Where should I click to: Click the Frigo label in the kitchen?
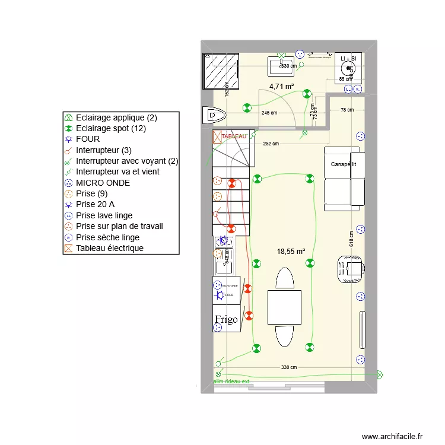pos(226,319)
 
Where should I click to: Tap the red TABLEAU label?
pos(233,136)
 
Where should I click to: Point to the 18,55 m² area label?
pos(291,252)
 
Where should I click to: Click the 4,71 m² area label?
pos(282,87)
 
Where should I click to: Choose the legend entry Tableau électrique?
pos(109,248)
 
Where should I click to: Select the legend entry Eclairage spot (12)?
pos(110,128)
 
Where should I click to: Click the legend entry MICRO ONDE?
pos(103,183)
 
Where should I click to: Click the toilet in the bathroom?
pos(210,114)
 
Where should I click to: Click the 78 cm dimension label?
pos(347,110)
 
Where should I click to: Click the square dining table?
pos(284,307)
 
